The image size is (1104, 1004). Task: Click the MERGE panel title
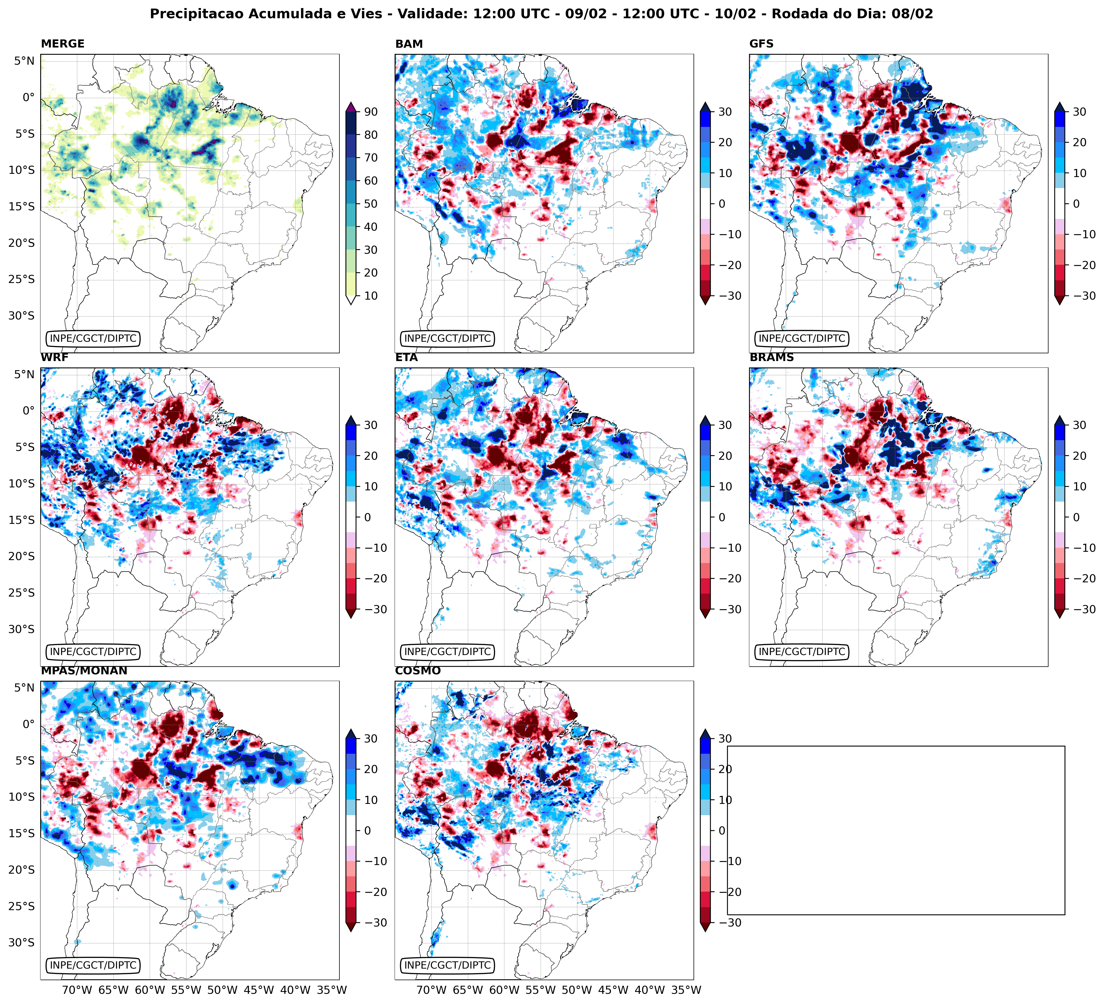pos(63,44)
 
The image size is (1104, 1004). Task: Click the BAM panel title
pos(409,44)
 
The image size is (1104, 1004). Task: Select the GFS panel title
pos(761,44)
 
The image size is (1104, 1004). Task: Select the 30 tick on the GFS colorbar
pos(1079,112)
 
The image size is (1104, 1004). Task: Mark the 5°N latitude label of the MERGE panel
pos(24,61)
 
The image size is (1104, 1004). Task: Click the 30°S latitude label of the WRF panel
pos(21,629)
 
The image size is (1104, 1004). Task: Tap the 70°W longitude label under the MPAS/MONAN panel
pos(77,990)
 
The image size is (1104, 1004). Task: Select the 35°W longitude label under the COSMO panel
pos(686,990)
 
